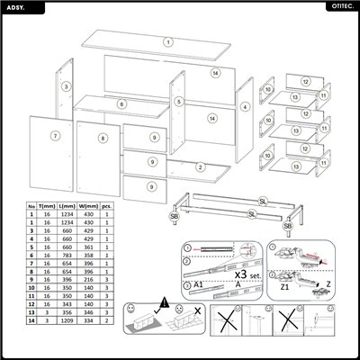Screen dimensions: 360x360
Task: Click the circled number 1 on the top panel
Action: click(x=167, y=41)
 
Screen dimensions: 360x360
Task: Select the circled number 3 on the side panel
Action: click(x=66, y=87)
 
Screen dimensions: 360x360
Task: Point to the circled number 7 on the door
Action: click(x=55, y=136)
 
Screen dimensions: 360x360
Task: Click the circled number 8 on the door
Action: click(x=103, y=138)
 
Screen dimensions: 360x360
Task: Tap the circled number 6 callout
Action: click(x=121, y=103)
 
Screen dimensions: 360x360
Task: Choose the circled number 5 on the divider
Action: click(x=179, y=103)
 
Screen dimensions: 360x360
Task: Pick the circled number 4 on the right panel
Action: click(x=244, y=107)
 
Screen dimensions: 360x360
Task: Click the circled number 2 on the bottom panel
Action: click(x=200, y=166)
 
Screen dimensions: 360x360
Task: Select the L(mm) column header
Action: click(x=67, y=205)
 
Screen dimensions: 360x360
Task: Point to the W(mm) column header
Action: click(x=89, y=205)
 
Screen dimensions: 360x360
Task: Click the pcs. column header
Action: click(x=107, y=205)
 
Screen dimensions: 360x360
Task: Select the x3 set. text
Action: click(x=246, y=274)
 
